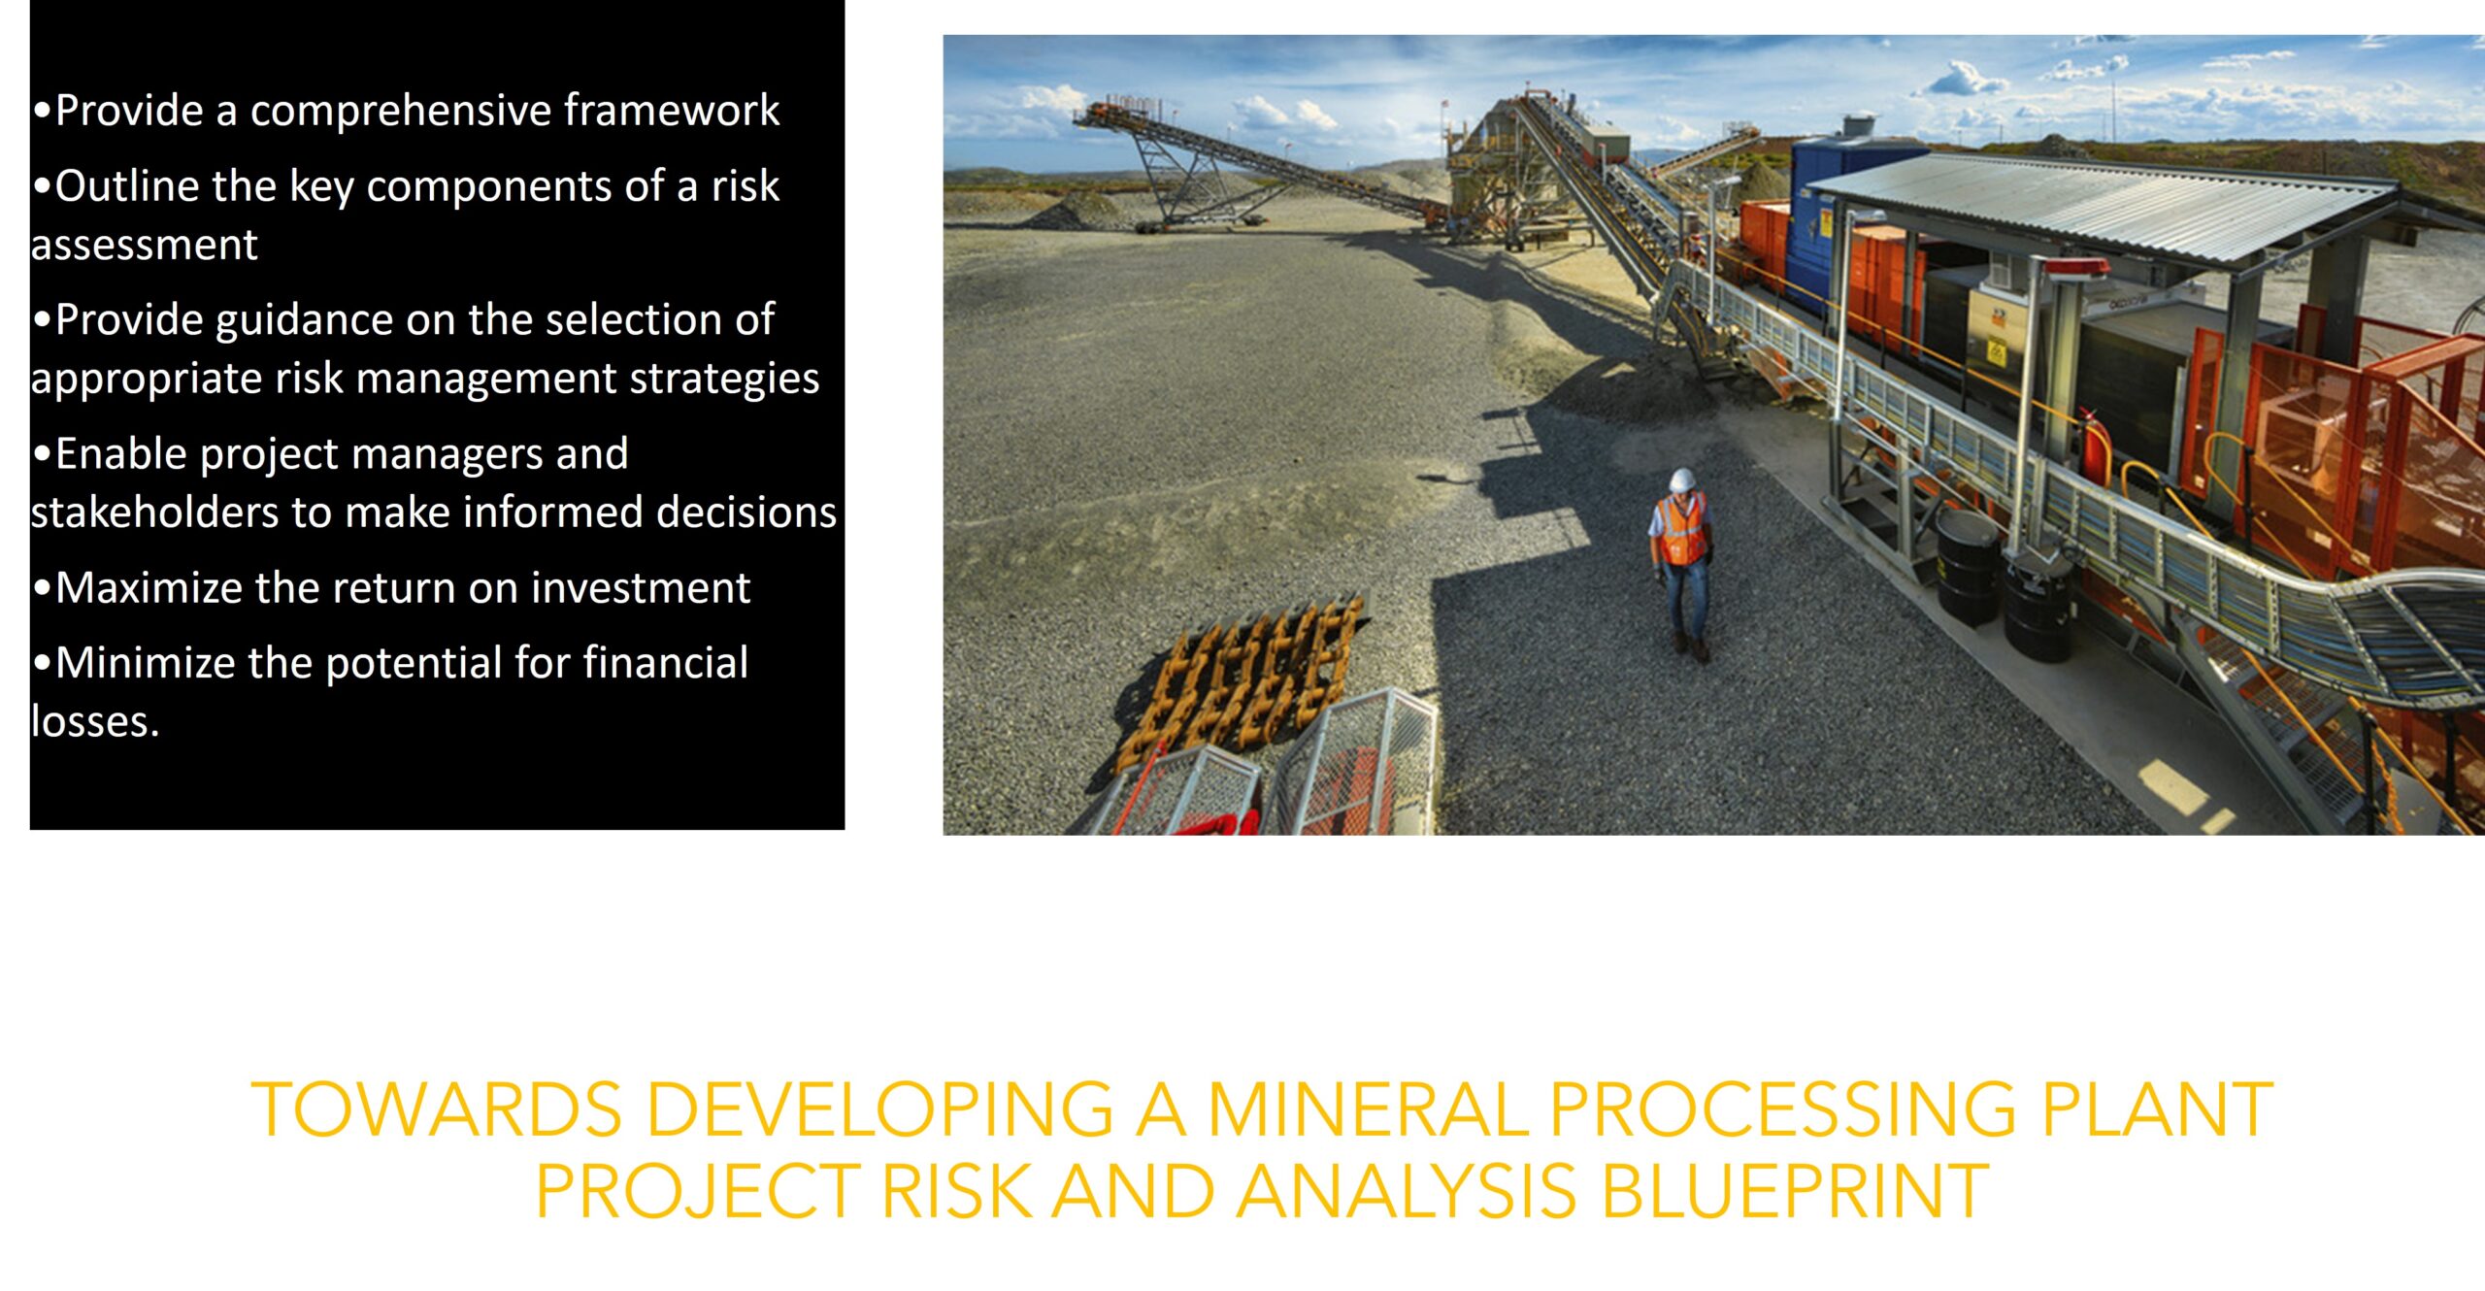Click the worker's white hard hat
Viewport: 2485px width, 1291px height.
[1682, 480]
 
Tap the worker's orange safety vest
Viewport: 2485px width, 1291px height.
[1683, 530]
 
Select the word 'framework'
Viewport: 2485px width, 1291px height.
[672, 110]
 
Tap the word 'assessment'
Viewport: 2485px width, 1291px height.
[145, 245]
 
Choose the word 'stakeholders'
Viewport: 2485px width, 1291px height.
[155, 512]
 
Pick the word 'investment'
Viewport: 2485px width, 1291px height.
[641, 588]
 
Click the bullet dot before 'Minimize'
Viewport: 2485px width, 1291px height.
[42, 664]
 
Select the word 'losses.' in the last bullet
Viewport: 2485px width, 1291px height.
[95, 721]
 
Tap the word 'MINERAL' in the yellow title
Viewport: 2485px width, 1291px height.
[1367, 1109]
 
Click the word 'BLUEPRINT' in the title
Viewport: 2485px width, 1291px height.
[1795, 1191]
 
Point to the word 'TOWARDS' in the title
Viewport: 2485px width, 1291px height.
[437, 1109]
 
